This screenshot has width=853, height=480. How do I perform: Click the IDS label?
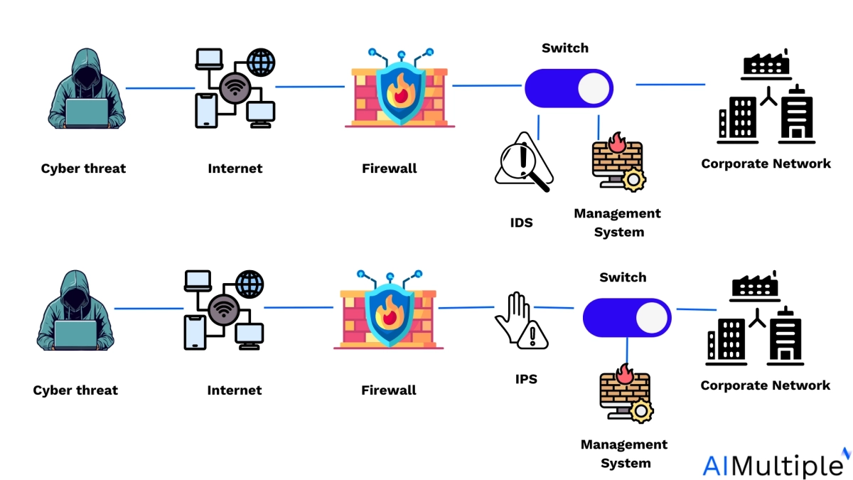521,223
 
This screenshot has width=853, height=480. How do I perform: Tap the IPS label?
526,379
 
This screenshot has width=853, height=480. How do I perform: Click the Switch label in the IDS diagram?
565,48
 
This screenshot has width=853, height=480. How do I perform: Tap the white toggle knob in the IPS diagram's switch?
651,317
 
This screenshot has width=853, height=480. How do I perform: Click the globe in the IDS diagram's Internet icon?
261,63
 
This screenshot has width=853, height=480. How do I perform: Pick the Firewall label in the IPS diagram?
389,390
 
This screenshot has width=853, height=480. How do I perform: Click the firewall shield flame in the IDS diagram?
402,90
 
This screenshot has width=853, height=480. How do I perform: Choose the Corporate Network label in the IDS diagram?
766,164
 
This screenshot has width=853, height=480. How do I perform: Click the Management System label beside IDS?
618,223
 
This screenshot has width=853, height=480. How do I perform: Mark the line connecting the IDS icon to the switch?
538,127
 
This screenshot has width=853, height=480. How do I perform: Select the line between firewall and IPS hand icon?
466,308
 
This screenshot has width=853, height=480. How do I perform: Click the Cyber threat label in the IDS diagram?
83,169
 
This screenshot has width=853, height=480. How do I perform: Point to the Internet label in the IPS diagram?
235,390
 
